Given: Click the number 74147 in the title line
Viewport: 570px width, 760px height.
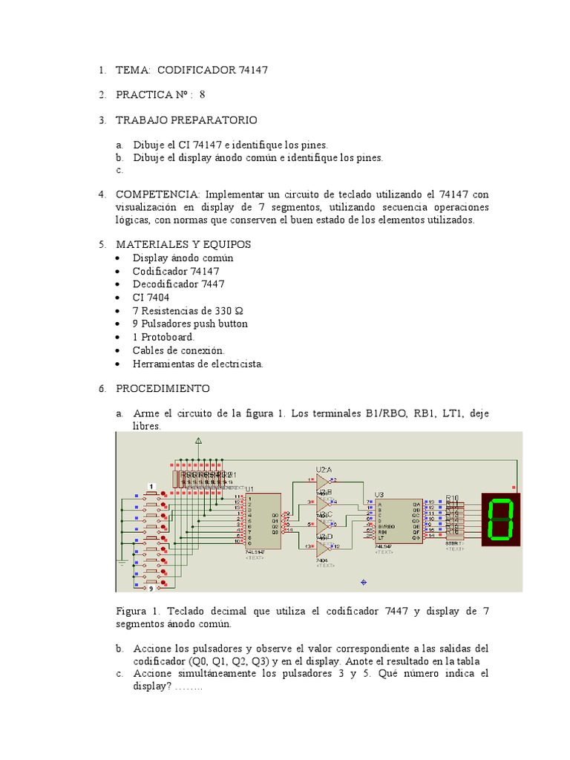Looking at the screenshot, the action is tap(253, 70).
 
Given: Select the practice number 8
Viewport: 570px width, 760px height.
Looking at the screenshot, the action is tap(202, 95).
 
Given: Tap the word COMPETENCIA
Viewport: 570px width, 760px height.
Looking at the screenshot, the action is tap(158, 194).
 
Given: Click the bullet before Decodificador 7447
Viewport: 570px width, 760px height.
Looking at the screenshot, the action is tap(120, 284).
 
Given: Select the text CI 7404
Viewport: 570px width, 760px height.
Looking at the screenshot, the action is tap(151, 298).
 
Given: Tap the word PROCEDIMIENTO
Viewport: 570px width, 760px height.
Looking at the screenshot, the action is tap(163, 389).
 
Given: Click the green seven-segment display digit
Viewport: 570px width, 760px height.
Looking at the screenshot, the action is tap(501, 519).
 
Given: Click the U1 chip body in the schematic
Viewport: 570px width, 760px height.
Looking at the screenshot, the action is tap(261, 520).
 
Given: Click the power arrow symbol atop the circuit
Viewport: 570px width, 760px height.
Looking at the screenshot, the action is tap(198, 442).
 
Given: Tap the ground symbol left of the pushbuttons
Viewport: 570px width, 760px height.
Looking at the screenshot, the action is tap(122, 563).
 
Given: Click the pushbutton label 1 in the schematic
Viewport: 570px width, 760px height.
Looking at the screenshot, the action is tap(151, 486).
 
